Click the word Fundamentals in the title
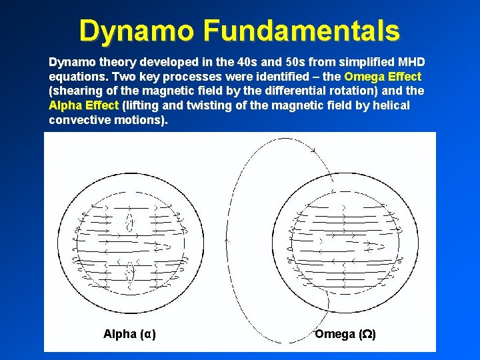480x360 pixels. pyautogui.click(x=302, y=30)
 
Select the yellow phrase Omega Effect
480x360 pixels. pyautogui.click(x=383, y=76)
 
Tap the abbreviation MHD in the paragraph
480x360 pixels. pyautogui.click(x=411, y=61)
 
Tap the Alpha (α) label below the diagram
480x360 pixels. pyautogui.click(x=130, y=334)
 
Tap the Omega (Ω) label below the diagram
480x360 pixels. pyautogui.click(x=345, y=334)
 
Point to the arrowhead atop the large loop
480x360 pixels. pyautogui.click(x=313, y=151)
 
